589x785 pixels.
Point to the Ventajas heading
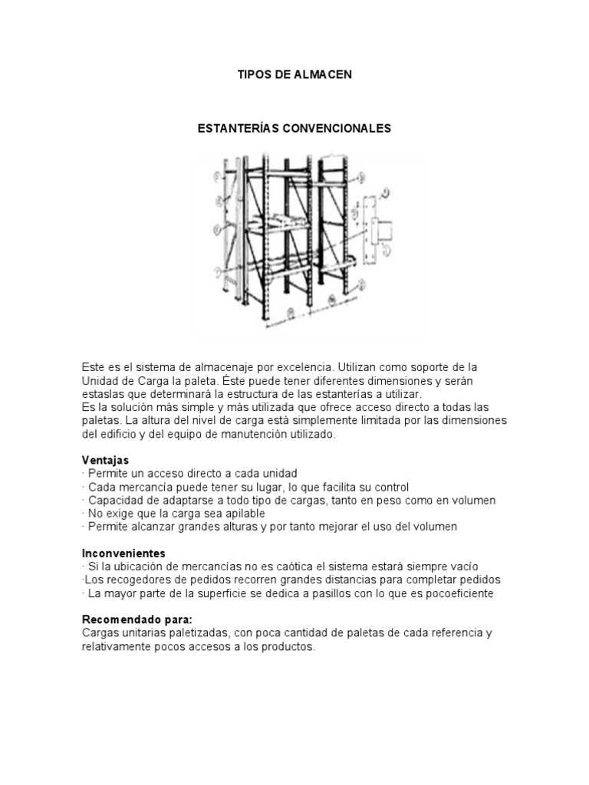[x=106, y=460]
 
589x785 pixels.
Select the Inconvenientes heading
[x=123, y=553]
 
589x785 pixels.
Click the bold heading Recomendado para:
[x=137, y=619]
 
